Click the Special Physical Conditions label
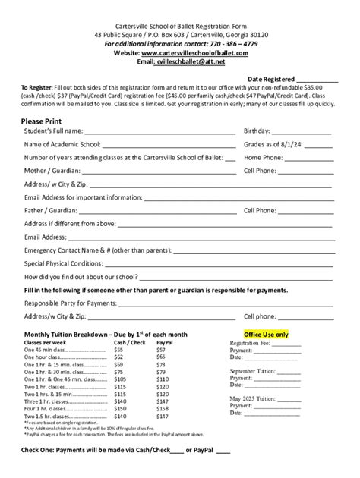63,263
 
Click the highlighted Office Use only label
266,334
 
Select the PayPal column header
165,343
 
